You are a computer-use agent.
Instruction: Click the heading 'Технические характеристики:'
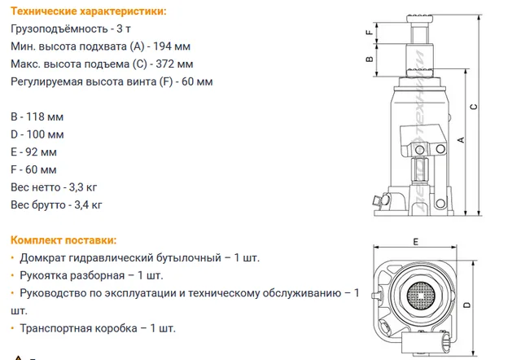pos(89,11)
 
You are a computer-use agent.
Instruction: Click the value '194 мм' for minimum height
pos(172,46)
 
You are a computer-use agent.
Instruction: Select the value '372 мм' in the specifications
pos(174,64)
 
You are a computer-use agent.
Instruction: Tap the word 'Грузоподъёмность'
pos(59,29)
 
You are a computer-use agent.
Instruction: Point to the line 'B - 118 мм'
pos(37,117)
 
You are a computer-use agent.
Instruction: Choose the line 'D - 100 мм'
pos(37,134)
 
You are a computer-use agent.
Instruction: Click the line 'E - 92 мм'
pos(33,152)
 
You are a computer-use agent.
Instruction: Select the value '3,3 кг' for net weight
pos(83,187)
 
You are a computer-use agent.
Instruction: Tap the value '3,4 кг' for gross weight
pos(88,205)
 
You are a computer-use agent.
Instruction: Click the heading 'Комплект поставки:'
pos(63,240)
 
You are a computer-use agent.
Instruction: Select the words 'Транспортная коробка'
pos(78,328)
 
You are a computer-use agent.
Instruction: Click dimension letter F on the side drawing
pos(369,33)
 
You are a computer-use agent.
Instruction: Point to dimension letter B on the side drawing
pos(369,59)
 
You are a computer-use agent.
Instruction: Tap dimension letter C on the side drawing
pos(474,107)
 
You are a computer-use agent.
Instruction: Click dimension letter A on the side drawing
pos(461,140)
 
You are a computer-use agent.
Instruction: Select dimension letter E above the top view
pos(416,242)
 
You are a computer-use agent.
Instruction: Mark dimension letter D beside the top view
pos(466,305)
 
